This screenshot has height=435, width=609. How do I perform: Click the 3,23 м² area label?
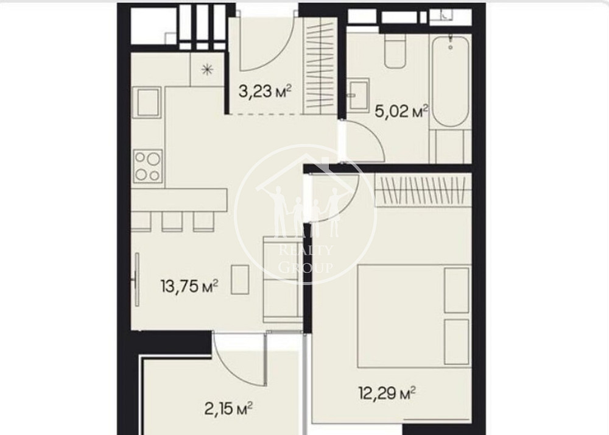pyautogui.click(x=264, y=93)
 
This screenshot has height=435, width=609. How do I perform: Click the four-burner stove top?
pyautogui.click(x=148, y=166)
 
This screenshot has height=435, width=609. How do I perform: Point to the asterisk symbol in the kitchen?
pyautogui.click(x=208, y=69)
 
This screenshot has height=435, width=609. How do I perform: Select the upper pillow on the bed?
pyautogui.click(x=457, y=289)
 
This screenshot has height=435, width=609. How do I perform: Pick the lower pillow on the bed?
pyautogui.click(x=457, y=341)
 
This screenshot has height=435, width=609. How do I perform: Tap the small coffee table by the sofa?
pyautogui.click(x=240, y=279)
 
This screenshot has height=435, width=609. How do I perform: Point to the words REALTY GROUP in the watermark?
pyautogui.click(x=305, y=258)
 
